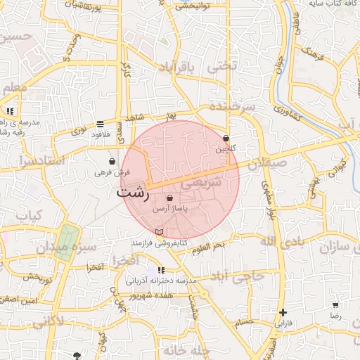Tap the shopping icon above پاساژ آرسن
(169, 199)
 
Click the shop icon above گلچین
(226, 138)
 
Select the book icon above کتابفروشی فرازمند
(159, 231)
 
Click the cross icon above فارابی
(283, 312)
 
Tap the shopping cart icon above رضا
(335, 304)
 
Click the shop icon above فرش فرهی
(112, 161)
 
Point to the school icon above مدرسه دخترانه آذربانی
(161, 269)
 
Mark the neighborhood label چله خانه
(186, 349)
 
